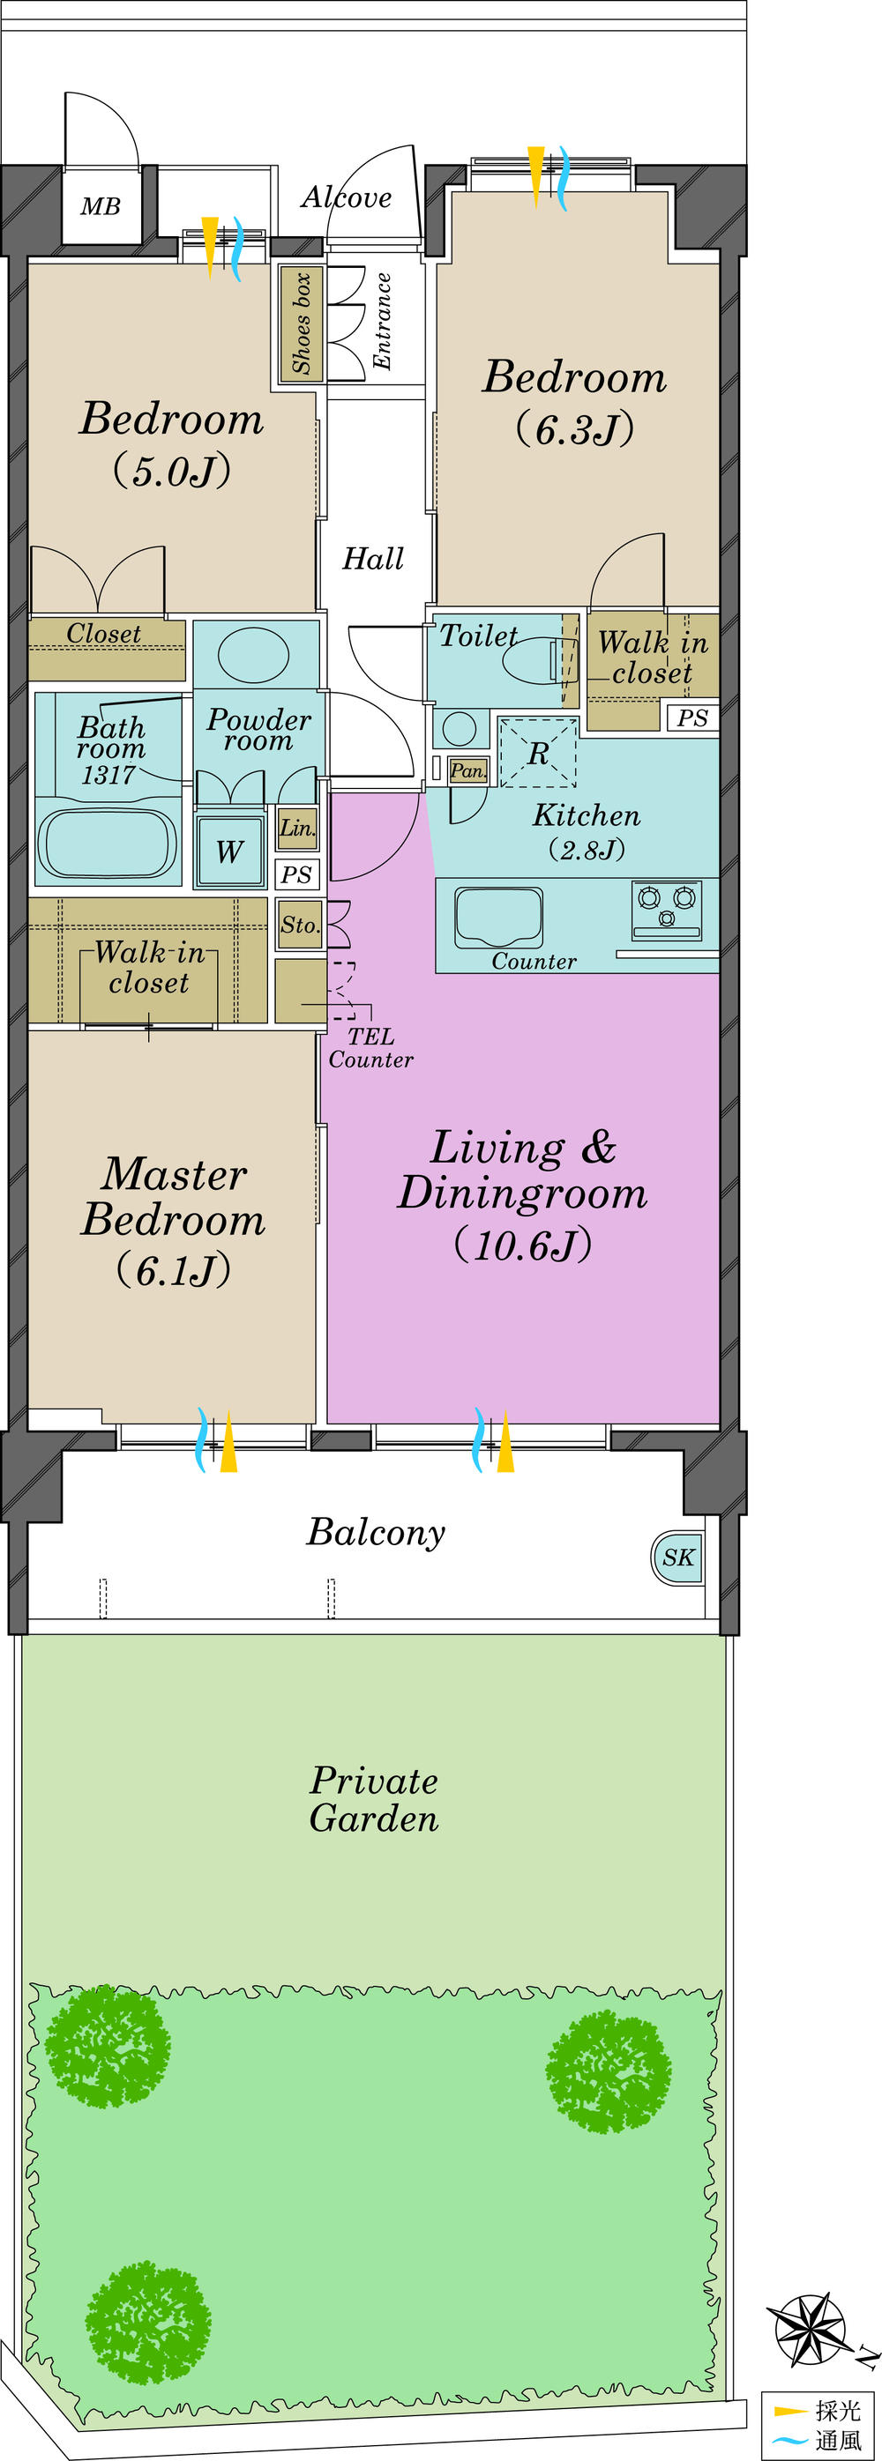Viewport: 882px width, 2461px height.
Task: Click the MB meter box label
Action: (101, 206)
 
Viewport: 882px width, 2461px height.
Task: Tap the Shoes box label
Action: (302, 323)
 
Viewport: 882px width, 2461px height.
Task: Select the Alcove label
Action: (346, 197)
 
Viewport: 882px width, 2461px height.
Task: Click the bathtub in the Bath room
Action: (107, 844)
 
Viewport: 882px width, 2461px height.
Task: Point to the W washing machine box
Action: (229, 851)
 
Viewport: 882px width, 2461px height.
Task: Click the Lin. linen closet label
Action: (297, 829)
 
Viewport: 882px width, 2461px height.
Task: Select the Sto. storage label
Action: (299, 925)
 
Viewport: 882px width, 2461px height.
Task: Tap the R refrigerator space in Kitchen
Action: (538, 753)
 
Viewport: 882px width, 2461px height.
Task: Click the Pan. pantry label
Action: (468, 770)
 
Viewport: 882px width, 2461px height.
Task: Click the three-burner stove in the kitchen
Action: (666, 908)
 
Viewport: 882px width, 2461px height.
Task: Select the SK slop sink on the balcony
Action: (677, 1558)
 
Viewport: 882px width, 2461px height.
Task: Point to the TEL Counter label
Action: (370, 1048)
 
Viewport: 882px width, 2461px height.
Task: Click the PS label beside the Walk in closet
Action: (691, 717)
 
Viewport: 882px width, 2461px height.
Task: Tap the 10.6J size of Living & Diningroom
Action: (523, 1245)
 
